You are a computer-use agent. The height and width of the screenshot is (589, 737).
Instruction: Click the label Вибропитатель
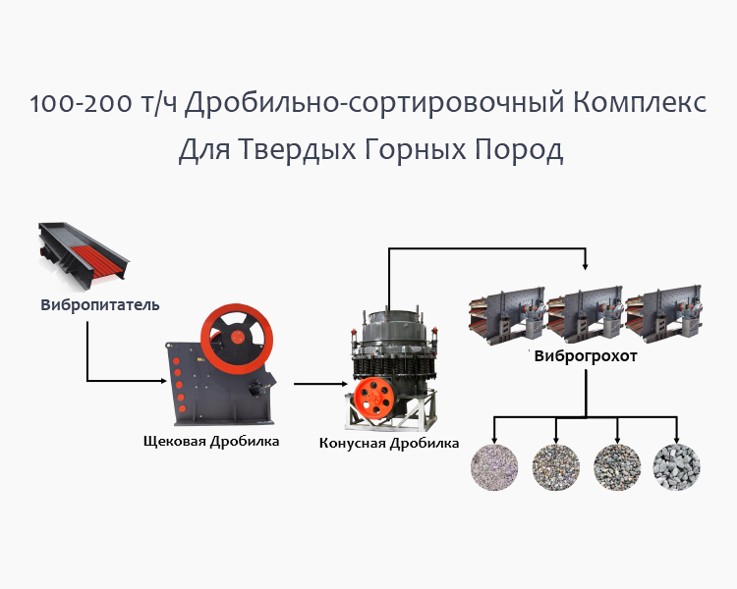click(x=100, y=304)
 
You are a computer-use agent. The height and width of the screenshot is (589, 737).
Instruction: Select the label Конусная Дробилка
click(x=389, y=443)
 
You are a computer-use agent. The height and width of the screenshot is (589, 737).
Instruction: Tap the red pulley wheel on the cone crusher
click(x=374, y=398)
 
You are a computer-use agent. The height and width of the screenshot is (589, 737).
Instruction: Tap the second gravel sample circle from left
click(x=556, y=466)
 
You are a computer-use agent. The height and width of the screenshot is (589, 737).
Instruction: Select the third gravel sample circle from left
click(x=617, y=466)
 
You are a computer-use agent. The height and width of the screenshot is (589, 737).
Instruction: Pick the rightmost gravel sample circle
click(x=677, y=466)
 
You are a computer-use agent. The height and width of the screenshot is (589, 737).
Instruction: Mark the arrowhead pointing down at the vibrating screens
click(x=587, y=265)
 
